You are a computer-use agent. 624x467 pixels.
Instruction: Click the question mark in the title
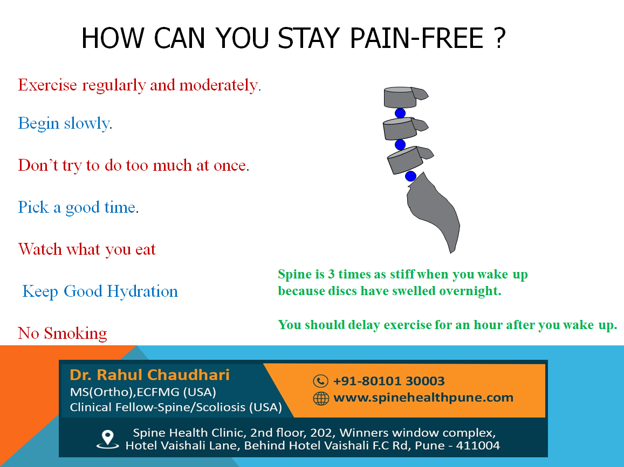click(500, 38)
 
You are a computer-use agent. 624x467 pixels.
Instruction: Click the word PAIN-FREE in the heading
click(416, 38)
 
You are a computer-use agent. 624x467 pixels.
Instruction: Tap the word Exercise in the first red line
click(47, 85)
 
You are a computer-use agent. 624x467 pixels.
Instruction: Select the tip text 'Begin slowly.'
click(65, 123)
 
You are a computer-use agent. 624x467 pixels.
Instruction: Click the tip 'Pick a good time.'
click(78, 207)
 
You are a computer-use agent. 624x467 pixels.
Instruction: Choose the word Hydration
click(142, 292)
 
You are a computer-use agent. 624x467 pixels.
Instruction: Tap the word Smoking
click(75, 333)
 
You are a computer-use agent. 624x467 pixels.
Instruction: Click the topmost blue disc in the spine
click(400, 113)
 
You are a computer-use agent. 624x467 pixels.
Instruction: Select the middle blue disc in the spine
click(400, 144)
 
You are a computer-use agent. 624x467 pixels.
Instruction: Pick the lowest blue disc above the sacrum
click(410, 176)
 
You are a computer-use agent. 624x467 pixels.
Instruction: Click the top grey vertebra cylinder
click(400, 97)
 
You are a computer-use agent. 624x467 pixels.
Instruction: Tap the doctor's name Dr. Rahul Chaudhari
click(149, 375)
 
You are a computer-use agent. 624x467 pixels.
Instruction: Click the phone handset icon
click(320, 381)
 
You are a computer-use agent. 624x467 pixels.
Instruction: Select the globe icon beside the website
click(321, 398)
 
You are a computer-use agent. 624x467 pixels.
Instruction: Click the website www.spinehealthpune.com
click(423, 398)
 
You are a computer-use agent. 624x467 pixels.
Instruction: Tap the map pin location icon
click(107, 440)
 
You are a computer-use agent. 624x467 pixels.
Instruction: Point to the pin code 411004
click(478, 445)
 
